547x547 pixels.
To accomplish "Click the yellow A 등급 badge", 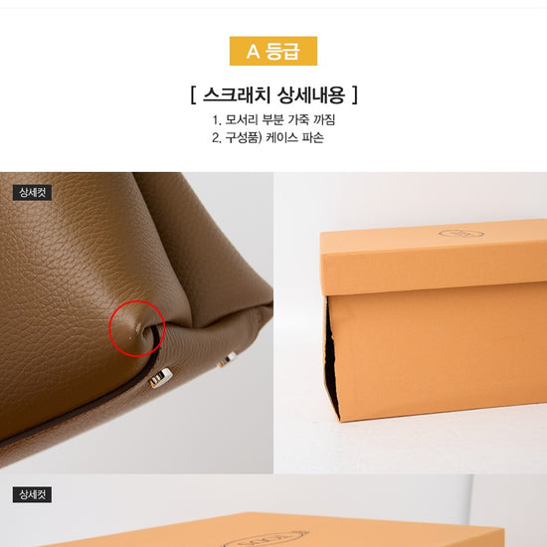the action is tap(273, 51).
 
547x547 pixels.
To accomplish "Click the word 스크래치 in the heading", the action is tap(239, 94).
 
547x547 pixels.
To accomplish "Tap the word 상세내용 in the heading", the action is tap(311, 94).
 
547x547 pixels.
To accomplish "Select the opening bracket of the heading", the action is tap(193, 94).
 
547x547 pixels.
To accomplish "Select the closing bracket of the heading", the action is tap(355, 94).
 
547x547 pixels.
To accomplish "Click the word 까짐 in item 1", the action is tap(324, 119).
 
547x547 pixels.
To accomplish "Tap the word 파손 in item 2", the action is tap(312, 137).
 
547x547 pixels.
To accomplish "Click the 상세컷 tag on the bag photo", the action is tap(32, 193).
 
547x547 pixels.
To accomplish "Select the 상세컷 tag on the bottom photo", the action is tap(32, 494).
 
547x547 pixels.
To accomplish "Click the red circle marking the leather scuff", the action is tap(109, 328).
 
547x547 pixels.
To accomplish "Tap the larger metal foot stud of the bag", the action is tap(160, 378).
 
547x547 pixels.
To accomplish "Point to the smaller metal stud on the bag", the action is tap(228, 359).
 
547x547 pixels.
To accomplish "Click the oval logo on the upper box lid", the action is tap(461, 234).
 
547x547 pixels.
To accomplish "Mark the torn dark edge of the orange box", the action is tap(331, 359).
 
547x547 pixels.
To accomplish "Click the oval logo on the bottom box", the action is tap(266, 539).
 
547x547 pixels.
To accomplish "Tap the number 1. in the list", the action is tap(217, 120).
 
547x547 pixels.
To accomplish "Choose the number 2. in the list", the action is tap(217, 138).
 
